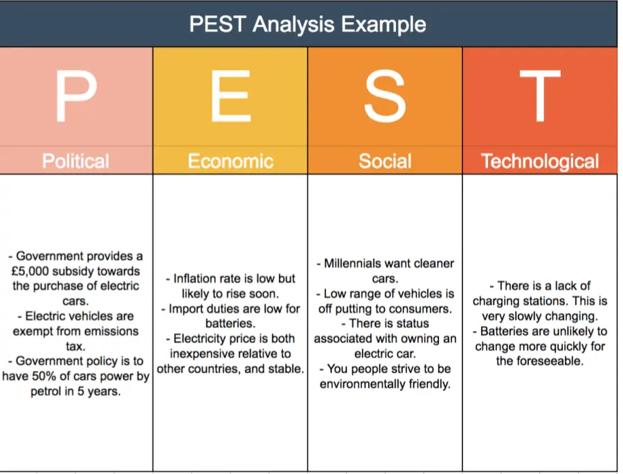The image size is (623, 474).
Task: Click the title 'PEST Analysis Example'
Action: pos(307,24)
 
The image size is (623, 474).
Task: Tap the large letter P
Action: pos(76,95)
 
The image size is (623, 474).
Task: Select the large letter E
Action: pos(231,95)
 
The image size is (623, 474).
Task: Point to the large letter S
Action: pos(385,95)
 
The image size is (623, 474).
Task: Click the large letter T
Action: pos(540,95)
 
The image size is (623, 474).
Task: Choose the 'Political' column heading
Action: pos(75,161)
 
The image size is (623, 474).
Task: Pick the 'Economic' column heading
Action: pos(231,161)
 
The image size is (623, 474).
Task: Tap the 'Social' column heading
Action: pos(385,161)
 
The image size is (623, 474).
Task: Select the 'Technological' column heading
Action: pos(540,161)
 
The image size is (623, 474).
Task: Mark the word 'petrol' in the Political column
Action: pos(46,392)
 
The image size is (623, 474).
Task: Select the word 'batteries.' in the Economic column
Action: pos(231,323)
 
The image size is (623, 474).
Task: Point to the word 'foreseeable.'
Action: pos(553,361)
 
